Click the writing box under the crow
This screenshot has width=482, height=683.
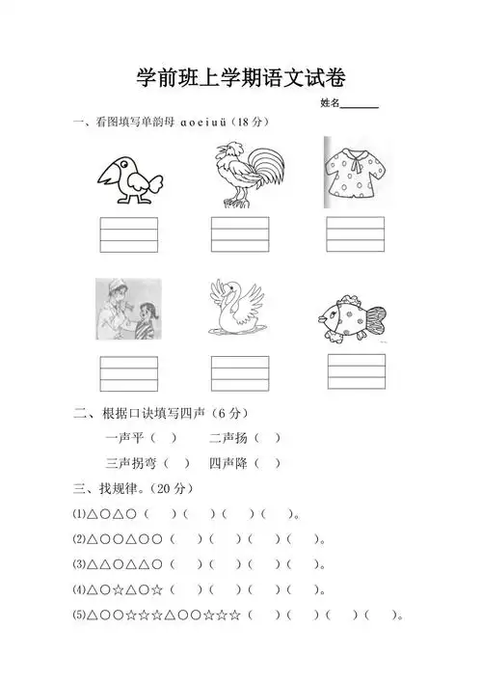[129, 235]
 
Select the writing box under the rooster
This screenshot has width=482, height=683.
[241, 235]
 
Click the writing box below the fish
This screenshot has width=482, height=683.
[356, 372]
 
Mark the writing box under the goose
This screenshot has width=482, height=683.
[241, 374]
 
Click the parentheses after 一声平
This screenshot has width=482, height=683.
[171, 438]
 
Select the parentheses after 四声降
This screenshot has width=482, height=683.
[270, 464]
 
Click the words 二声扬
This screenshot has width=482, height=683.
[228, 438]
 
